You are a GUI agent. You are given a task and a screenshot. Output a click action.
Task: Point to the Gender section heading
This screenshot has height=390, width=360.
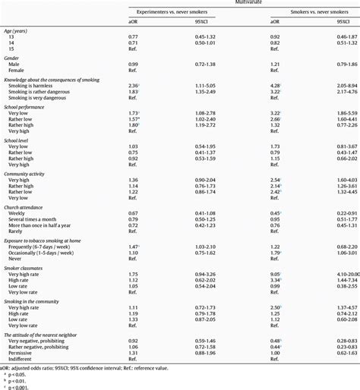[14, 57]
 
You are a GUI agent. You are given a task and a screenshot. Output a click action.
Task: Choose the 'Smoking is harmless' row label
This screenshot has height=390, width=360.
[30, 86]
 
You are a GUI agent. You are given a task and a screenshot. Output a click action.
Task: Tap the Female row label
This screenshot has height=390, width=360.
[19, 70]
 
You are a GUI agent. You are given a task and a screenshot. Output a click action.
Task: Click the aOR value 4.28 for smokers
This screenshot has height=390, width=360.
[276, 86]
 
